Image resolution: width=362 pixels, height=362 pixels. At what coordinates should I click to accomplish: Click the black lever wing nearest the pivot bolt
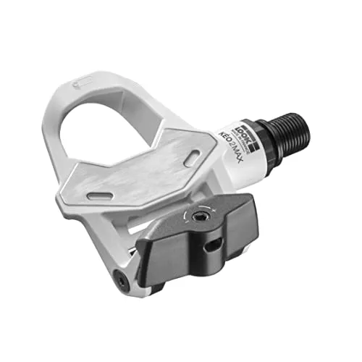pyautogui.click(x=156, y=250)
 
